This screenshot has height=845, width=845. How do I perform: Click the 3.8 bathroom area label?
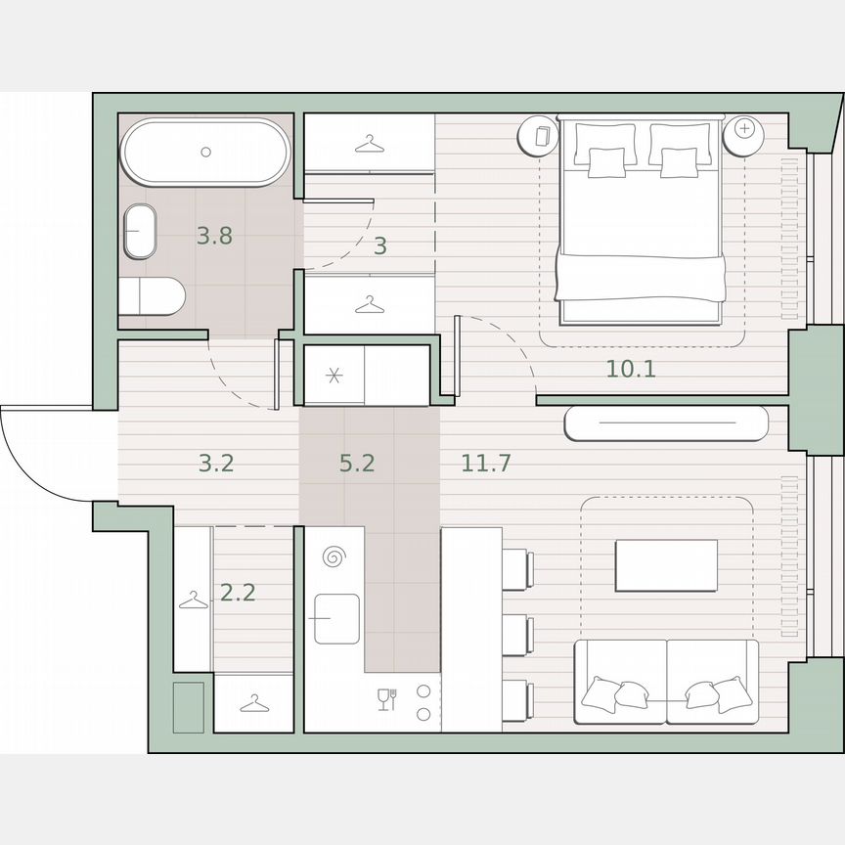click(214, 236)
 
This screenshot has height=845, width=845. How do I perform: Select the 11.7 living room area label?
click(486, 463)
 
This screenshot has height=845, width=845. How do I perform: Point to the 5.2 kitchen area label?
click(357, 463)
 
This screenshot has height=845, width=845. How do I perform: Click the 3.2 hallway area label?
click(215, 463)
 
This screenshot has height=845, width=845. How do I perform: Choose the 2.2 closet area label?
click(238, 592)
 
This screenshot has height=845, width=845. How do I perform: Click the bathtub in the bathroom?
click(205, 152)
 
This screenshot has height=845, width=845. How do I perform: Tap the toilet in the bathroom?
click(153, 295)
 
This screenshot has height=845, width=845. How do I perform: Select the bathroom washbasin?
click(139, 231)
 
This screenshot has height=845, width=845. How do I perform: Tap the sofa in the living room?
click(666, 682)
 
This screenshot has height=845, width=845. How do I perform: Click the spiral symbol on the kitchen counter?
click(334, 558)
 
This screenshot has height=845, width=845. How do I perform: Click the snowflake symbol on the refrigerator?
click(333, 376)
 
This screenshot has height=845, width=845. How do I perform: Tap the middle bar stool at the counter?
click(517, 635)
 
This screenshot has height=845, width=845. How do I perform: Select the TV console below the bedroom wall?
click(666, 423)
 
